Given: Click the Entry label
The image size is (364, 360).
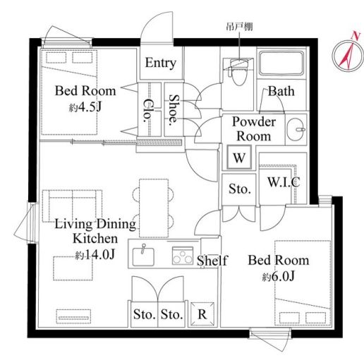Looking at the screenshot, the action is tap(161, 63).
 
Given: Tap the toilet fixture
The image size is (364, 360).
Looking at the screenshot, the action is tap(239, 71).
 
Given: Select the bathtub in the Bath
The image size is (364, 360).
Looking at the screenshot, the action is tap(281, 63).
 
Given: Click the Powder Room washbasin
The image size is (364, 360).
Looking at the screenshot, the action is tap(296, 130).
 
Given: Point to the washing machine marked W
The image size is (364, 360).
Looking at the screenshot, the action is tap(239, 157).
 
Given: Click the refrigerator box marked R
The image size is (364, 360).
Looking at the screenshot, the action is tap(202, 314).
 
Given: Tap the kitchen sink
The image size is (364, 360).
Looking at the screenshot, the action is tap(143, 256).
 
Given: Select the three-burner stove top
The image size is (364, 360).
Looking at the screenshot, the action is tap(183, 256).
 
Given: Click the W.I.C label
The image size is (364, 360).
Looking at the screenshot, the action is tap(284, 182).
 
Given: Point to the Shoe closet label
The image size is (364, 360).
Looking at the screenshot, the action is tap(174, 110).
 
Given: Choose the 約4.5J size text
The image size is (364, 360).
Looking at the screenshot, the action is tap(85, 107).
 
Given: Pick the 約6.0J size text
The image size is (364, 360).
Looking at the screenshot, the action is tap(279, 277).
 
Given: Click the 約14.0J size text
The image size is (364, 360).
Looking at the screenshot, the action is tap(95, 254).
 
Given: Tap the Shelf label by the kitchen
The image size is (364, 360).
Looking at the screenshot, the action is tap(212, 261).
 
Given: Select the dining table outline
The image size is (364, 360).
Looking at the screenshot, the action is tap(154, 208).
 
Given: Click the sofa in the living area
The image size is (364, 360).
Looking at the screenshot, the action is tap(73, 206).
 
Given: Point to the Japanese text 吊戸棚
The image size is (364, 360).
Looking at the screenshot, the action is tap(239, 27).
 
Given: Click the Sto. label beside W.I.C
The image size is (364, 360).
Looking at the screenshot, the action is tap(240, 189).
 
